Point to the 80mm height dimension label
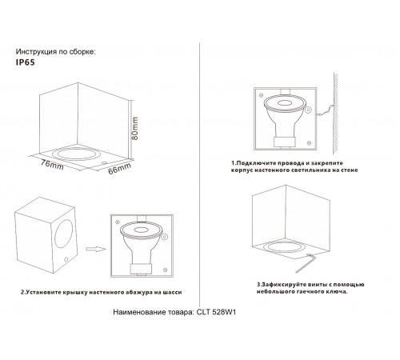[x=135, y=123]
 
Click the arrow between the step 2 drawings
[x=94, y=249]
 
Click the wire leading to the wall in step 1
[x=327, y=114]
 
